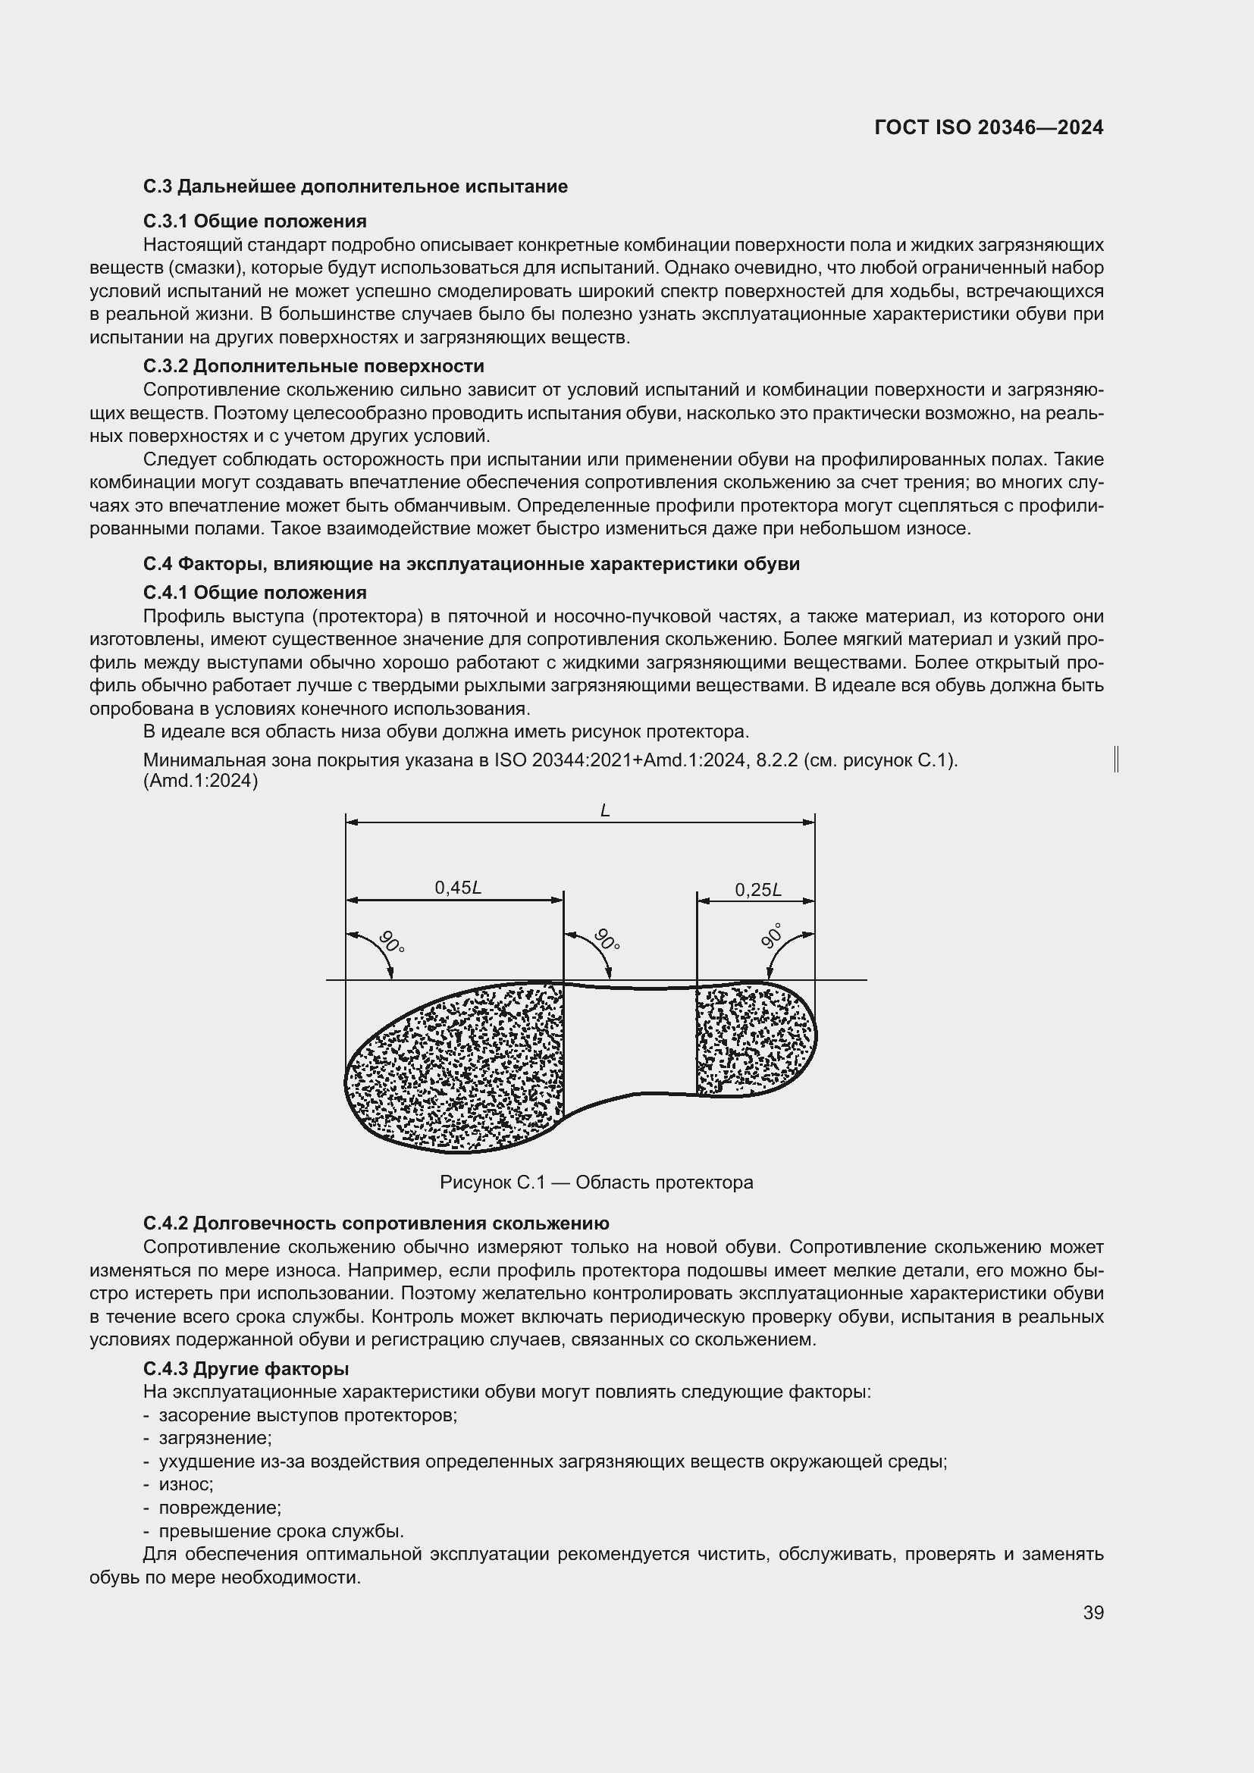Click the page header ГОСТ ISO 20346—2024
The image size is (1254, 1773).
click(989, 128)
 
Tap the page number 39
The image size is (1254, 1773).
click(1093, 1612)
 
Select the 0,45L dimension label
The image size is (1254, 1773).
click(458, 888)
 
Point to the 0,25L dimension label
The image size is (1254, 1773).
click(757, 890)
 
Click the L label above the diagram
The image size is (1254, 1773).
click(604, 810)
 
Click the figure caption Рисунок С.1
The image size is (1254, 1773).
click(596, 1183)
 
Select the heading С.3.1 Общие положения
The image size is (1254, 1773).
click(255, 221)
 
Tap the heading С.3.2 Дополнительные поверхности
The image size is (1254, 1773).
click(314, 365)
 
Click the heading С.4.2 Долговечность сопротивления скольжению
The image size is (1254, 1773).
click(376, 1223)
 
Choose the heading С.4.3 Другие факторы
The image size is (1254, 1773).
click(246, 1368)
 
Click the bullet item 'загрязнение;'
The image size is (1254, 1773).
click(215, 1438)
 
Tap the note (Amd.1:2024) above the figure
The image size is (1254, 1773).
click(201, 781)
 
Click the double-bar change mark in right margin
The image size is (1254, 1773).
click(1117, 759)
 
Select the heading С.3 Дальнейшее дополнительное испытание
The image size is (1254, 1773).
click(355, 187)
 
